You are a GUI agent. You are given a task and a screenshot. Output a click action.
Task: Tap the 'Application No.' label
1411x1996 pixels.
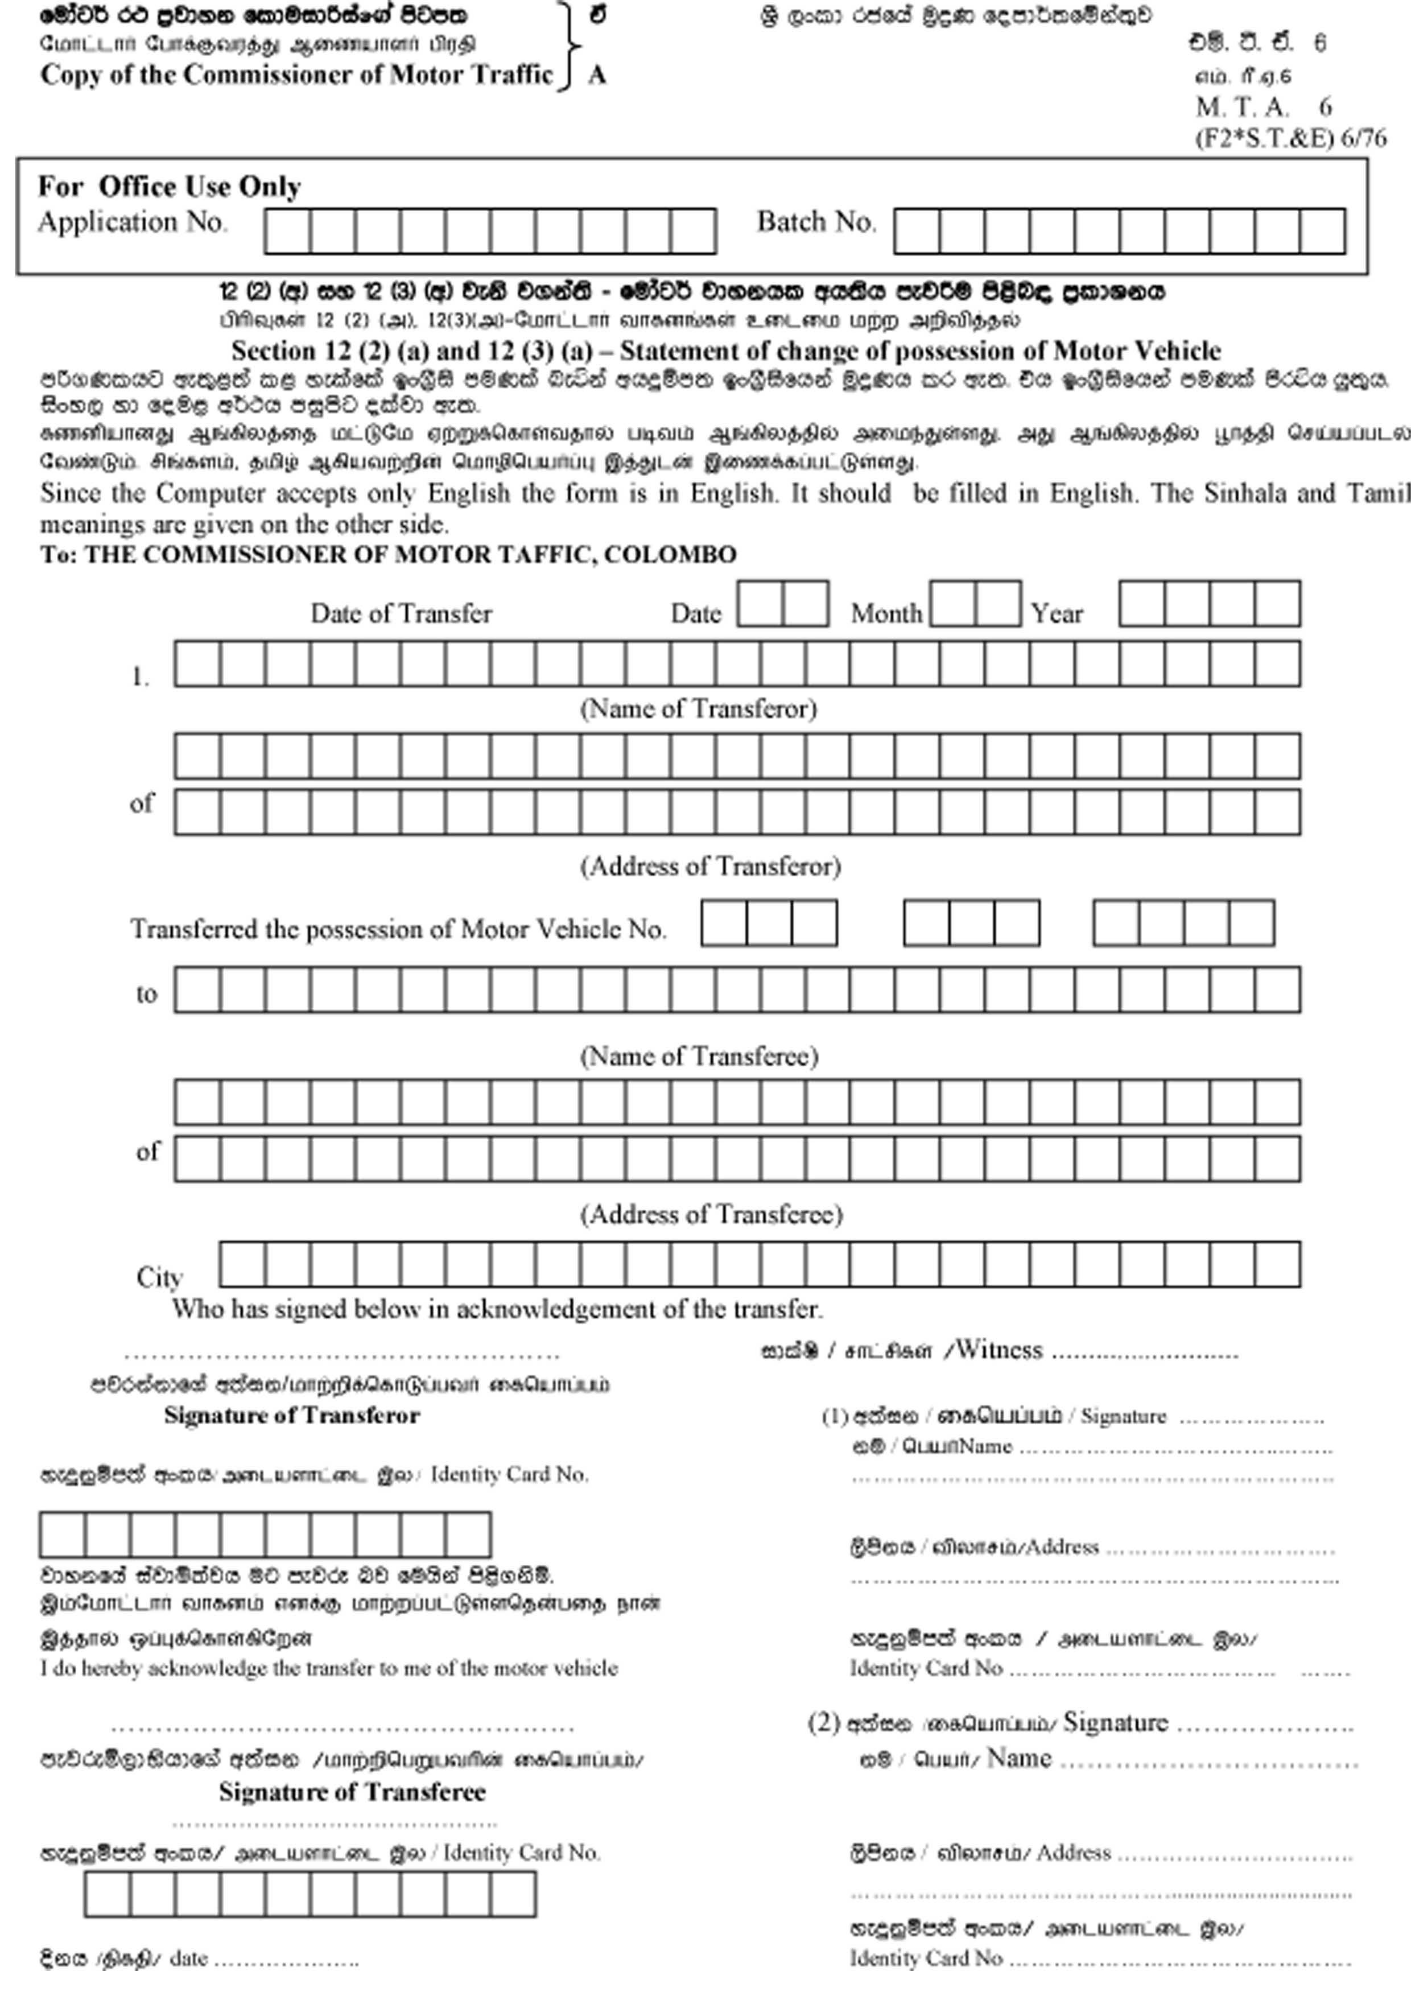click(132, 222)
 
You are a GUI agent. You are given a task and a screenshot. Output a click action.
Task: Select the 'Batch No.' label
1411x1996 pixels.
click(815, 222)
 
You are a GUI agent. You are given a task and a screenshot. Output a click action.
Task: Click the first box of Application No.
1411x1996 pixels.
click(288, 231)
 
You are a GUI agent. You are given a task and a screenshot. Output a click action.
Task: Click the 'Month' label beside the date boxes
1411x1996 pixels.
click(885, 614)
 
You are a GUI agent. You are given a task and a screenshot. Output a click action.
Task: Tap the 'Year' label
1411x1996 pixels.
click(1057, 614)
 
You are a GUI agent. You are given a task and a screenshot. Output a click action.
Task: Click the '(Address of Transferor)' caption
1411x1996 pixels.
click(710, 866)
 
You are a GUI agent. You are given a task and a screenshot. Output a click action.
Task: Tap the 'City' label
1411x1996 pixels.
click(159, 1277)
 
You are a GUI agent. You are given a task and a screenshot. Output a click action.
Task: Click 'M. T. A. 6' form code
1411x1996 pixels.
click(1263, 107)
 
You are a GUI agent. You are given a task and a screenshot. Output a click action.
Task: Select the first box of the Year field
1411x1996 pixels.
click(1141, 603)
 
